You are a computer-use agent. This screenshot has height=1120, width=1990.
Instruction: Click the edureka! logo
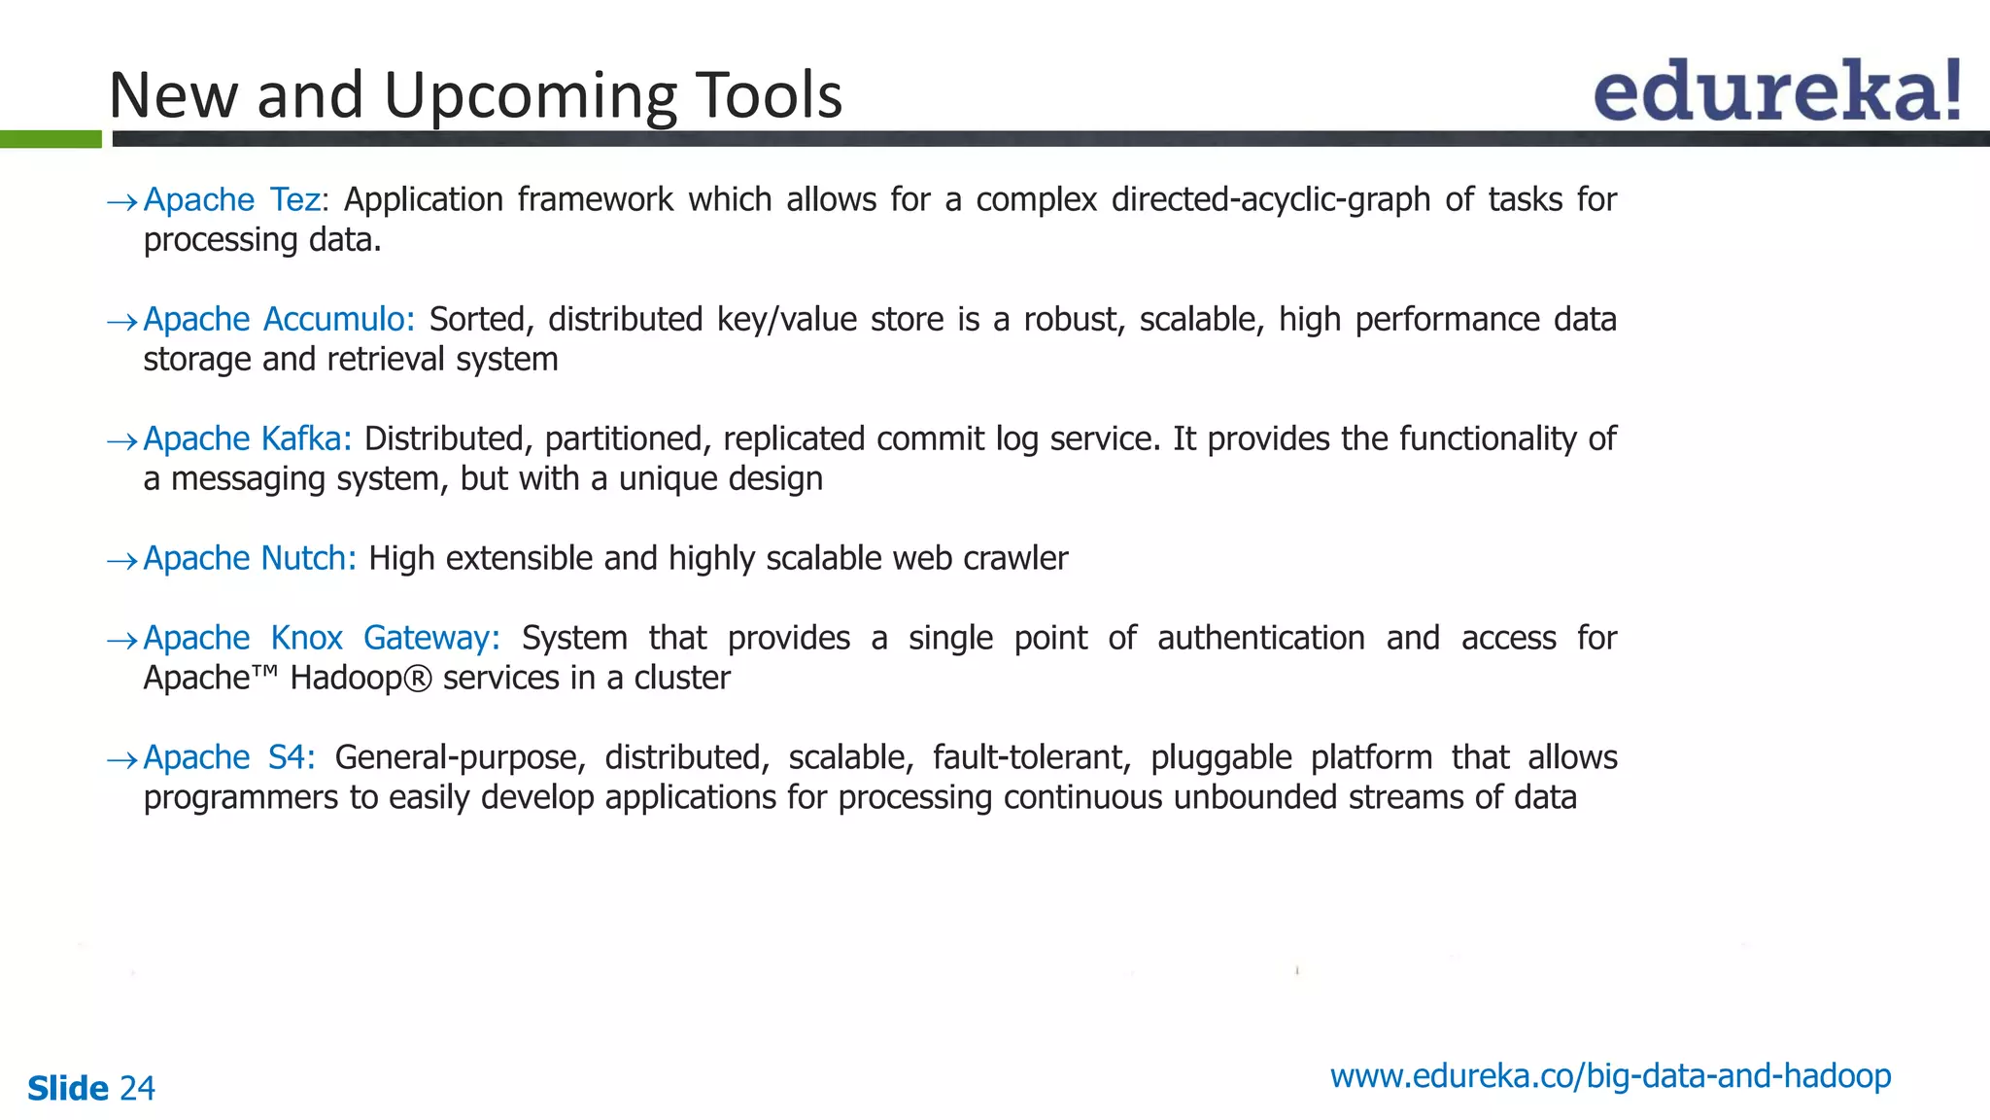(1777, 91)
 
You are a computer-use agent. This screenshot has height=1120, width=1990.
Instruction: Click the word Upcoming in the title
(530, 96)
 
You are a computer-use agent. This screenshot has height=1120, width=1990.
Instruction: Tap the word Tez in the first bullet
(295, 200)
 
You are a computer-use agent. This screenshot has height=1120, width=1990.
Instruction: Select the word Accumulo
(339, 320)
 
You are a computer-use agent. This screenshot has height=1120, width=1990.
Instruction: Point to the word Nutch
(309, 559)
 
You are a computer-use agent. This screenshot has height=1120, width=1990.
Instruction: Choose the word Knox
(306, 639)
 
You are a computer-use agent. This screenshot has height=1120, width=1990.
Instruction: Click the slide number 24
(137, 1089)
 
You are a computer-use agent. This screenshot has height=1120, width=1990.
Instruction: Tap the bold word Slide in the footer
(68, 1089)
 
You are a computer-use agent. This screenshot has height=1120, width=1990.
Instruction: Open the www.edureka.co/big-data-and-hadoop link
(1610, 1077)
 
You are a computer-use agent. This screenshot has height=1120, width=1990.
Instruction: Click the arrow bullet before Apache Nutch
(122, 561)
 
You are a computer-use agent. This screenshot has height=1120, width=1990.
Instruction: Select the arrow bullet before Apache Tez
(122, 202)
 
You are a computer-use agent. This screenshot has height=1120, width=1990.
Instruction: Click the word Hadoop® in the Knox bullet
(360, 679)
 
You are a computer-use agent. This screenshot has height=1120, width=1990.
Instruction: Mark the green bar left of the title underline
(51, 139)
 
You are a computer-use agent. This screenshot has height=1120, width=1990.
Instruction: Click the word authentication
(1260, 639)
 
